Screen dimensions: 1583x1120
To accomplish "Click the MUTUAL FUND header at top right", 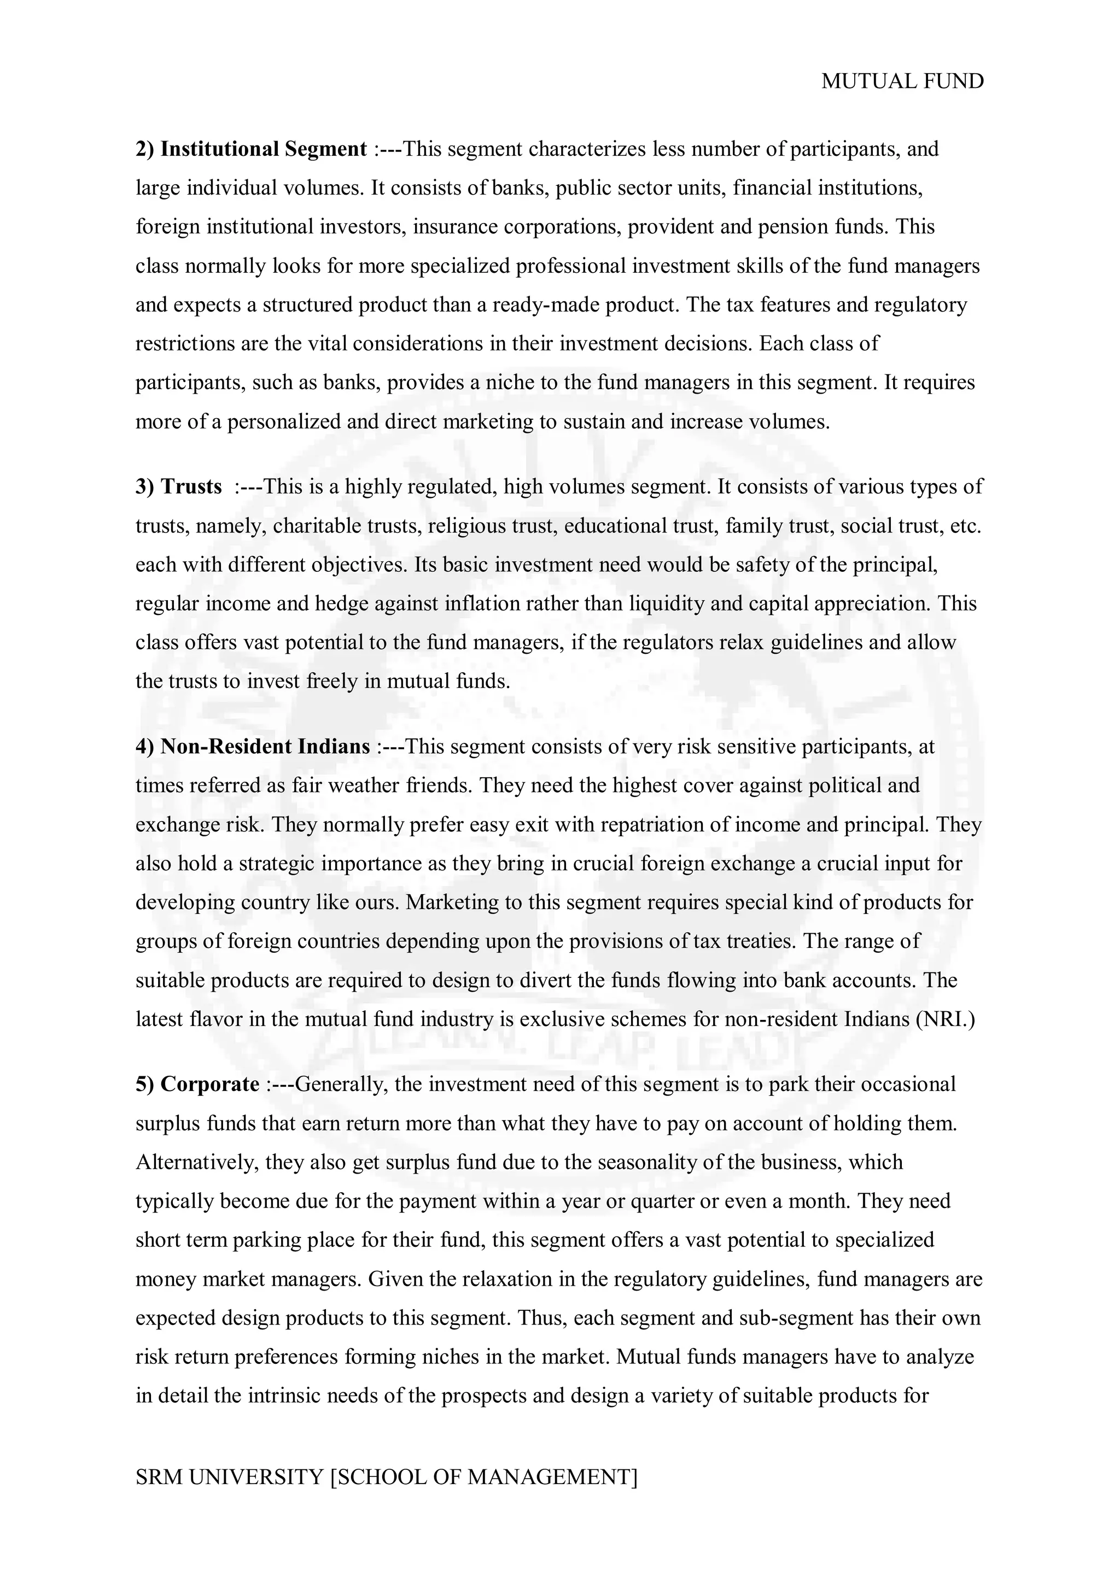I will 902,81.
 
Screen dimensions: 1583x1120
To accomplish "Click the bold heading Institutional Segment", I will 264,149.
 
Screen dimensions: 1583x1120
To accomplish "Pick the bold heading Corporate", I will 209,1084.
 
